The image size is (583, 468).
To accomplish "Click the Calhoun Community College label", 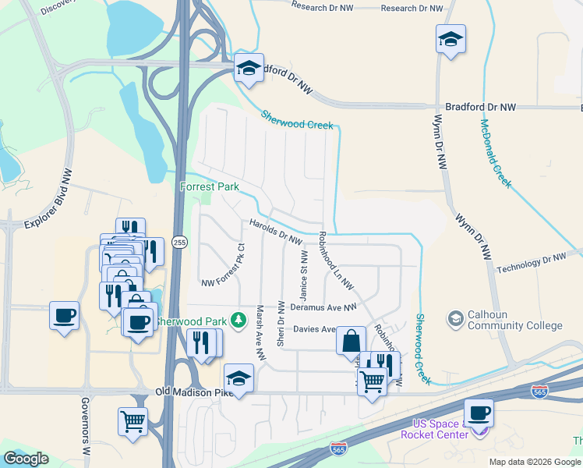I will click(514, 320).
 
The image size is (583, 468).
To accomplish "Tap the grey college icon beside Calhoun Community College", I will click(455, 318).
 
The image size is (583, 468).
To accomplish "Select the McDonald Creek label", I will click(495, 153).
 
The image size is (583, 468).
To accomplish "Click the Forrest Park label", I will click(209, 186).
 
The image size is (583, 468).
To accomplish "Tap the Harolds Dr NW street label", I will click(275, 231).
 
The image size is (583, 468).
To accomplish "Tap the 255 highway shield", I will click(179, 243).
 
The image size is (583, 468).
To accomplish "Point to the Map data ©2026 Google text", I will click(535, 462).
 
